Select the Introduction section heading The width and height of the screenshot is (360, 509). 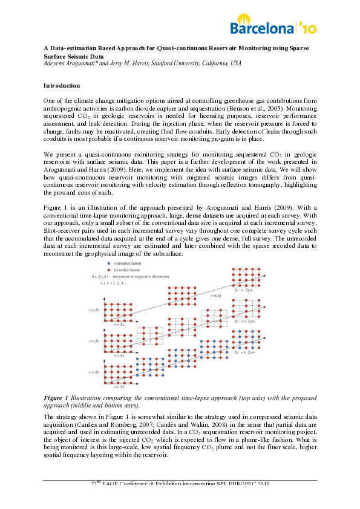(62, 85)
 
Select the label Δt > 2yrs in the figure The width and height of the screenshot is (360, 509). (246, 291)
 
